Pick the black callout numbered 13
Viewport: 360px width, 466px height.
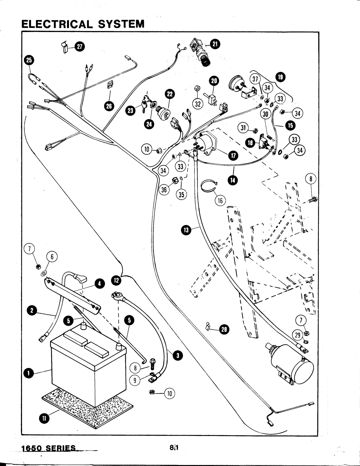point(186,229)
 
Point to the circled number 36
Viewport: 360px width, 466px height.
point(164,190)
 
